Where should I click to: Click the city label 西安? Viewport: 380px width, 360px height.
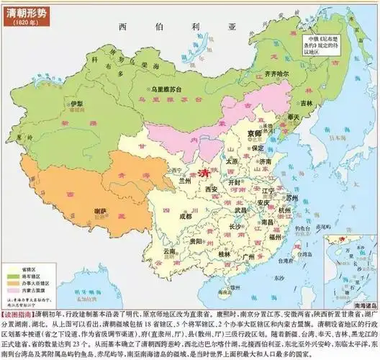click(211, 189)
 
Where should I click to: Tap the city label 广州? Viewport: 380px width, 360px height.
click(250, 256)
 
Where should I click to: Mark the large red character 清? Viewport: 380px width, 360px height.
click(203, 172)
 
